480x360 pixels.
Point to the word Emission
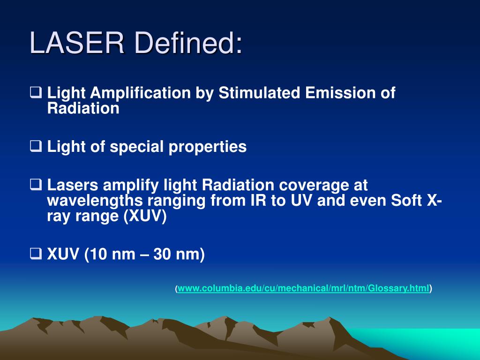[x=339, y=93]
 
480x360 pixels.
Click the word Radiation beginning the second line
[x=83, y=109]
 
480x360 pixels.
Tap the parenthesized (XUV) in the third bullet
[x=145, y=217]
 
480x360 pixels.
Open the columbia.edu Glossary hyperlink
[x=303, y=289]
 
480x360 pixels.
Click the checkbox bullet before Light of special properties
[x=36, y=147]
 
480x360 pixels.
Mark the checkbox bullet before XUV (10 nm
[x=36, y=255]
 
